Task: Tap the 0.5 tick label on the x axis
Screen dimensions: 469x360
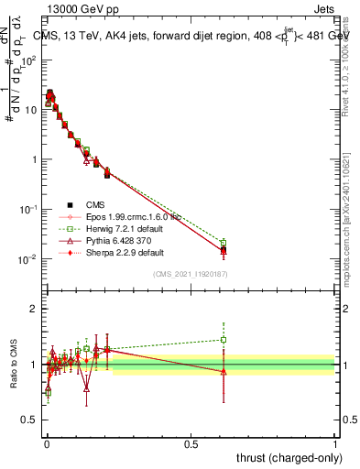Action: pyautogui.click(x=191, y=444)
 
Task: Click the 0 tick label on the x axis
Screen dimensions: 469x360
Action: pyautogui.click(x=47, y=444)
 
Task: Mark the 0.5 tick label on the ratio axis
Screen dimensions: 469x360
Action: pyautogui.click(x=28, y=421)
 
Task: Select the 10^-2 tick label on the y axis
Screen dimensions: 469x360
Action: pyautogui.click(x=28, y=259)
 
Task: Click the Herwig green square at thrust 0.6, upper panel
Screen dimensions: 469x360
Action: pyautogui.click(x=224, y=243)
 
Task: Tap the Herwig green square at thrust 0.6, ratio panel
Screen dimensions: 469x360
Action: pyautogui.click(x=224, y=340)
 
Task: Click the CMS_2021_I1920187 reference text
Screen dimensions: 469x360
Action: pyautogui.click(x=191, y=274)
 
